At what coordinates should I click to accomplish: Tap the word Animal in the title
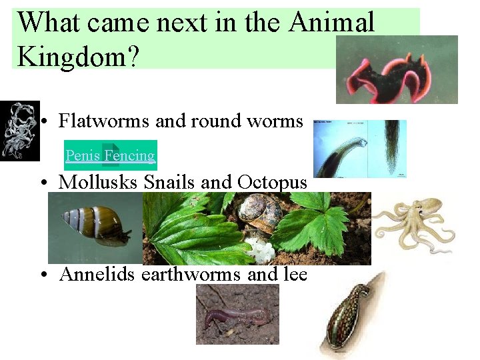pos(332,23)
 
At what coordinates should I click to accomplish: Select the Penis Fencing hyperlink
pos(110,156)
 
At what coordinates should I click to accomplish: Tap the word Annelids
pos(98,274)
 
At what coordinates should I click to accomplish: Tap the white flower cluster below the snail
pos(259,248)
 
